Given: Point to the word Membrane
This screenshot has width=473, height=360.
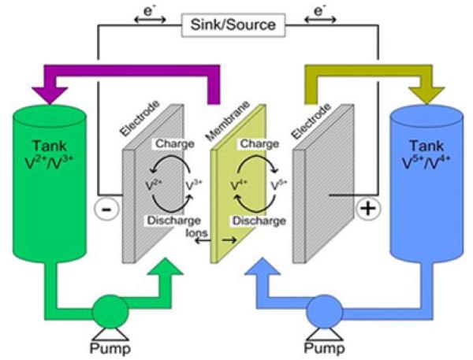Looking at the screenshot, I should tap(225, 118).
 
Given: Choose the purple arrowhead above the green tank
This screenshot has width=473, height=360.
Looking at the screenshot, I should tap(49, 91).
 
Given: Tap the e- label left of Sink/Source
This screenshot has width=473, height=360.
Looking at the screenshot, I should tap(149, 10).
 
